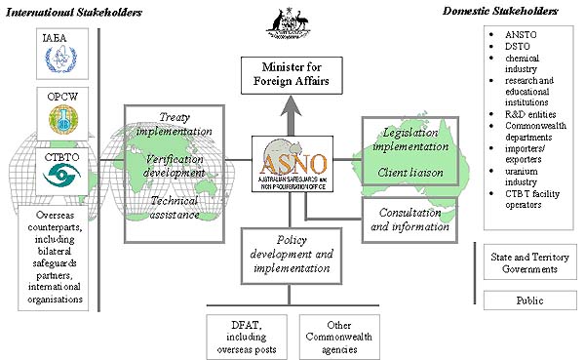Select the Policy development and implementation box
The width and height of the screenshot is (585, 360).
289,255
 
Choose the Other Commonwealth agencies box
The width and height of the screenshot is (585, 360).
334,335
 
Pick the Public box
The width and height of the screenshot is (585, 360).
529,300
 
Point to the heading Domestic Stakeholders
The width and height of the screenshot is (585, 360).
514,12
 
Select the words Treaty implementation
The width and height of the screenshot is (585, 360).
175,124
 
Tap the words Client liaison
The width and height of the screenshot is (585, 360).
410,174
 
